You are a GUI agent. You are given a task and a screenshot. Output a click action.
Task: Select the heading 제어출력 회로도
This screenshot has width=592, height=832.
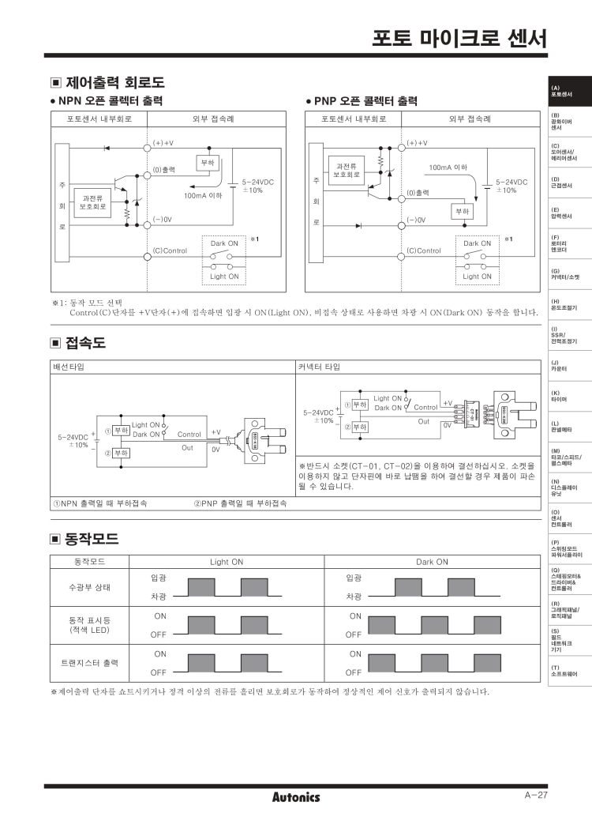coord(114,82)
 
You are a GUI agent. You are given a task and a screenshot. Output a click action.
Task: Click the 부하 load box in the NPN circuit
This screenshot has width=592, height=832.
coord(208,162)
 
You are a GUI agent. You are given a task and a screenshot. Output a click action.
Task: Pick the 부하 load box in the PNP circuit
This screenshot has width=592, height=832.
coord(461,212)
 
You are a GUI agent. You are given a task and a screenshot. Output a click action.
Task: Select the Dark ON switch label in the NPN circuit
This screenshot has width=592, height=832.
coord(224,243)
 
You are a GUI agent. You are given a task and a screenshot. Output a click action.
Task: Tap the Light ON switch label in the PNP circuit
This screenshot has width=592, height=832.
coord(477,277)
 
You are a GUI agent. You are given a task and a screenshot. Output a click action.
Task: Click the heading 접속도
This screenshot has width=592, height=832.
coord(85,343)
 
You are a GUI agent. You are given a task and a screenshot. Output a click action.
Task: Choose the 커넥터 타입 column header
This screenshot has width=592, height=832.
coord(320,367)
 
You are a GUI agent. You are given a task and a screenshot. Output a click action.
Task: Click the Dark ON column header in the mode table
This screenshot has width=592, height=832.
coord(432,562)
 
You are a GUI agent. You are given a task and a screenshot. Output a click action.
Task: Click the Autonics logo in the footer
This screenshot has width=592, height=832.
coord(296,797)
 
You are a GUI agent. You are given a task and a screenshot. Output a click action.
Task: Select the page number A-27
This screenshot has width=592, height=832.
coord(536,795)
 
